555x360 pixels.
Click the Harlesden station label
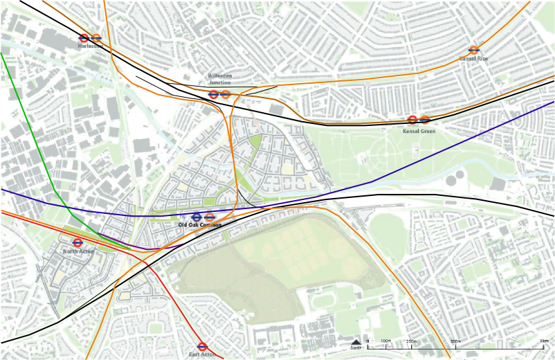point(90,46)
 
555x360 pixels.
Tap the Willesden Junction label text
point(219,79)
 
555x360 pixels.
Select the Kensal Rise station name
point(474,59)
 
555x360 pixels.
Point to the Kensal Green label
point(419,130)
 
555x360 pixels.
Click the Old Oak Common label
point(200,226)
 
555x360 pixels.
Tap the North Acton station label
point(78,251)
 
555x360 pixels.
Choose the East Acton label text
point(203,354)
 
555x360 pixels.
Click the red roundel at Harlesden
point(84,38)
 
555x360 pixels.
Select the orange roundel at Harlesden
point(96,38)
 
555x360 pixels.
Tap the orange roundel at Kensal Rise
point(474,50)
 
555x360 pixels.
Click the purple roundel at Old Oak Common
point(197,217)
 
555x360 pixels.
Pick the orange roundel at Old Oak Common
point(210,217)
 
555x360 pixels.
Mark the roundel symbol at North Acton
point(78,243)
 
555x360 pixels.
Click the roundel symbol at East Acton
point(203,346)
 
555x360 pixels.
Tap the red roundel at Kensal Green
point(412,120)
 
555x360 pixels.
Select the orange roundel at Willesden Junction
point(226,94)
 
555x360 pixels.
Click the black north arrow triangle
point(356,342)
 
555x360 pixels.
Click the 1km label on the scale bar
point(544,342)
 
